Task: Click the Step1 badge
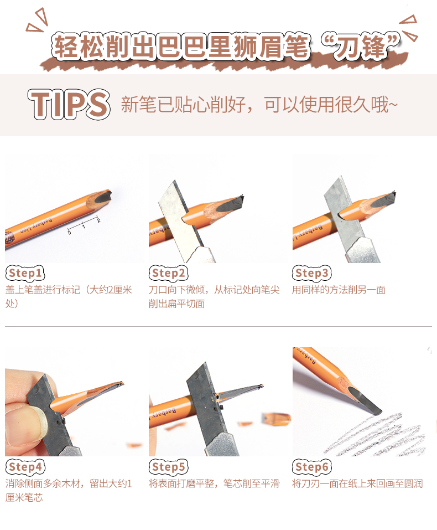click(x=25, y=273)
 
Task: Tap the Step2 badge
click(x=169, y=273)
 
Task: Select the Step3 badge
click(x=312, y=273)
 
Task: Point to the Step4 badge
click(x=25, y=467)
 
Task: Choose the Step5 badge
click(x=169, y=467)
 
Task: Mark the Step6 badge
click(x=312, y=467)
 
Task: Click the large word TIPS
click(x=69, y=105)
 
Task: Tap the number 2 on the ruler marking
click(x=98, y=220)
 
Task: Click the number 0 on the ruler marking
click(x=69, y=232)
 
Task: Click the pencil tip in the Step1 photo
click(x=102, y=197)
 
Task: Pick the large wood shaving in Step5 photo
click(x=276, y=418)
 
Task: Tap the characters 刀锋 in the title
click(x=360, y=47)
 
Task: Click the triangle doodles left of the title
click(x=37, y=20)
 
